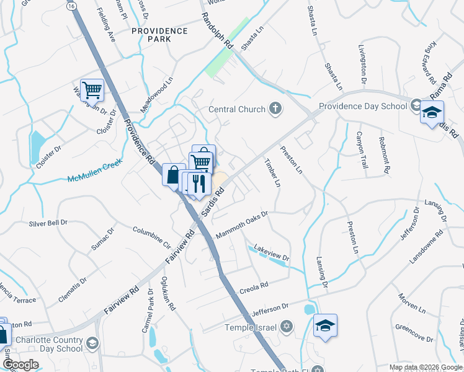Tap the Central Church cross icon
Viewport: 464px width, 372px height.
click(x=275, y=110)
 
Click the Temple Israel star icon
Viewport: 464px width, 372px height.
click(x=286, y=326)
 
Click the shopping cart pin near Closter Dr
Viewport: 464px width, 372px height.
click(x=92, y=91)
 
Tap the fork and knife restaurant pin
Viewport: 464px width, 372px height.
click(x=199, y=184)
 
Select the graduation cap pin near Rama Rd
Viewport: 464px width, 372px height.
click(x=432, y=113)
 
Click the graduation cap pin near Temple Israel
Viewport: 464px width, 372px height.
click(x=325, y=325)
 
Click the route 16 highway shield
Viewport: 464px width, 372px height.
click(x=73, y=6)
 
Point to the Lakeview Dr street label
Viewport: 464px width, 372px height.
click(x=272, y=251)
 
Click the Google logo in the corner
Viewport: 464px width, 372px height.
click(x=21, y=365)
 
